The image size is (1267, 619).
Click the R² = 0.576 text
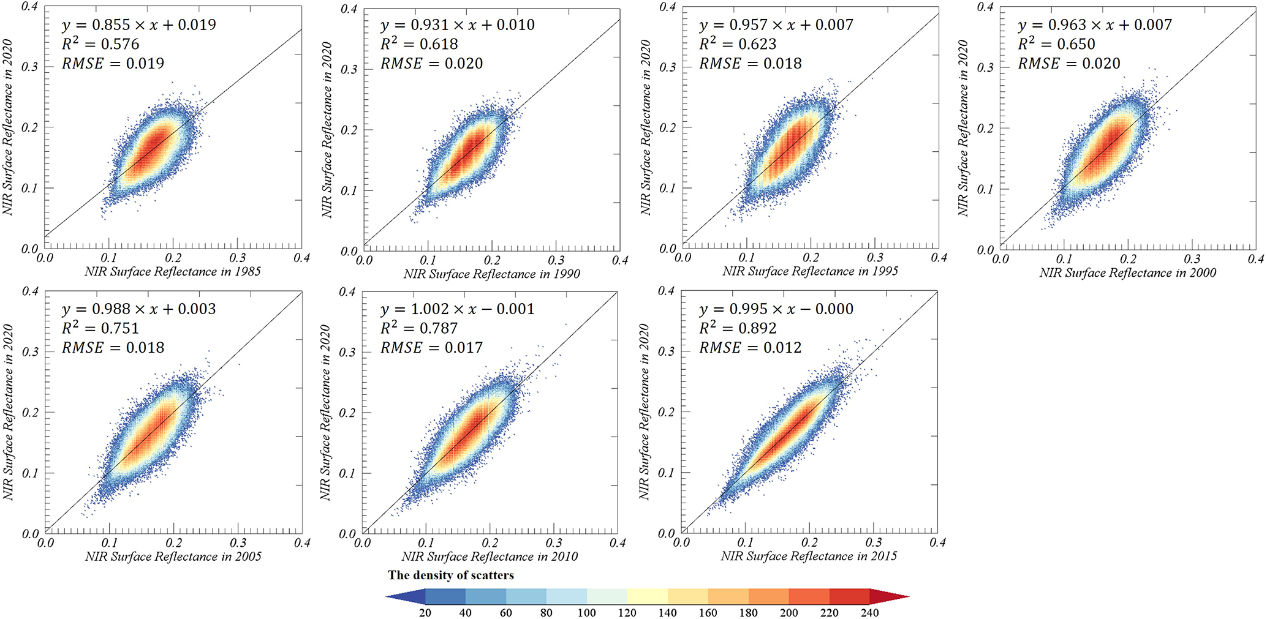coord(100,44)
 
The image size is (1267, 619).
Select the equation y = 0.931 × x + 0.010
coord(457,25)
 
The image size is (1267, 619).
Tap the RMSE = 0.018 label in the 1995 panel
coord(750,64)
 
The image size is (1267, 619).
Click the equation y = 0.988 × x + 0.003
coord(138,309)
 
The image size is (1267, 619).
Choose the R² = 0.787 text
coord(419,328)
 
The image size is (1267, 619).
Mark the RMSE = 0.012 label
coord(750,348)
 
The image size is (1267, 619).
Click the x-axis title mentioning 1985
coord(173,271)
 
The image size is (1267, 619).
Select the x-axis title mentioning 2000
coord(1128,272)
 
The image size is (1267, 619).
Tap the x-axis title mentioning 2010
coord(490,557)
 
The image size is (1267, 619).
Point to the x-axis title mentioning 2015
coord(809,556)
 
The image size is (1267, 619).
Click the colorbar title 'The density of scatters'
coord(451,576)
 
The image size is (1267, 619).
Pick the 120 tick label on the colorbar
coord(627,613)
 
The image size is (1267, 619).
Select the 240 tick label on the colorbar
coord(869,613)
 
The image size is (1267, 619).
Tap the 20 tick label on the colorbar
coord(425,613)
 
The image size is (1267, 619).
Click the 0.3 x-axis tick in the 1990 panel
coord(556,261)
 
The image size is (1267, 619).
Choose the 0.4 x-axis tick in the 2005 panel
coord(302,543)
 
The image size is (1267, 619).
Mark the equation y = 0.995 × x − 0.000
coord(776,309)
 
